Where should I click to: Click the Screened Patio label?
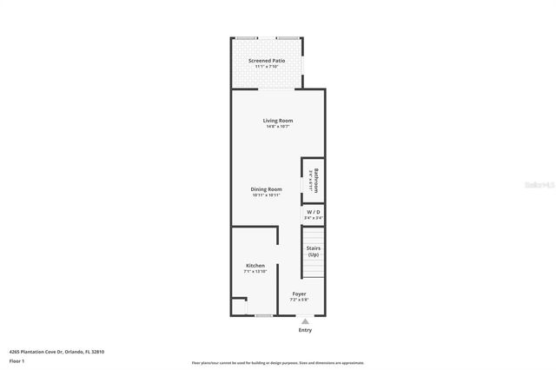tap(267, 61)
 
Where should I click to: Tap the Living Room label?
tap(278, 120)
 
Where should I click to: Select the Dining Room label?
tap(267, 189)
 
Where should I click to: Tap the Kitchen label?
tap(255, 266)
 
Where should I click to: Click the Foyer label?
tap(299, 294)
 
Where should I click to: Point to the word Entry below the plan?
tap(305, 330)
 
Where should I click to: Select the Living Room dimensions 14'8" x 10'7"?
tap(278, 127)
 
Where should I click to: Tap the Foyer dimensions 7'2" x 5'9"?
tap(299, 301)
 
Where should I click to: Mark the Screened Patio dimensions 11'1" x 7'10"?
tap(267, 68)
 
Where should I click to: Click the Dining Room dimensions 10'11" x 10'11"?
tap(267, 195)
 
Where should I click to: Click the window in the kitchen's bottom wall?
tap(263, 315)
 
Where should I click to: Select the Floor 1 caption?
tap(17, 360)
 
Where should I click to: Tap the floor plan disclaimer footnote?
tap(278, 363)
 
